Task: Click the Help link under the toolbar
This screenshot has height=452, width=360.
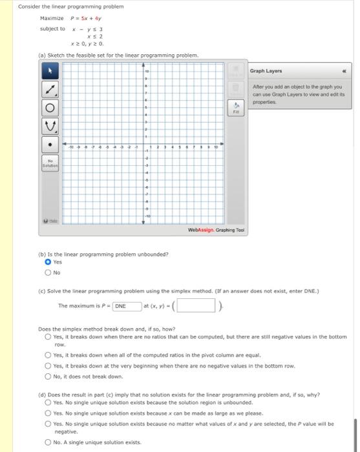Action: (x=49, y=221)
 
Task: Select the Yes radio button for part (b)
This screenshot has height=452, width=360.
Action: (x=48, y=262)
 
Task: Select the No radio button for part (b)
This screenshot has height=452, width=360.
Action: (x=48, y=272)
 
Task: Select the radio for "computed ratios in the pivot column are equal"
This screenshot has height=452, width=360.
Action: (x=48, y=354)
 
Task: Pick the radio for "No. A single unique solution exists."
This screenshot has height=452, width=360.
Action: (x=48, y=442)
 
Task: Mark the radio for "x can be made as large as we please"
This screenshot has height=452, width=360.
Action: (x=48, y=413)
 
